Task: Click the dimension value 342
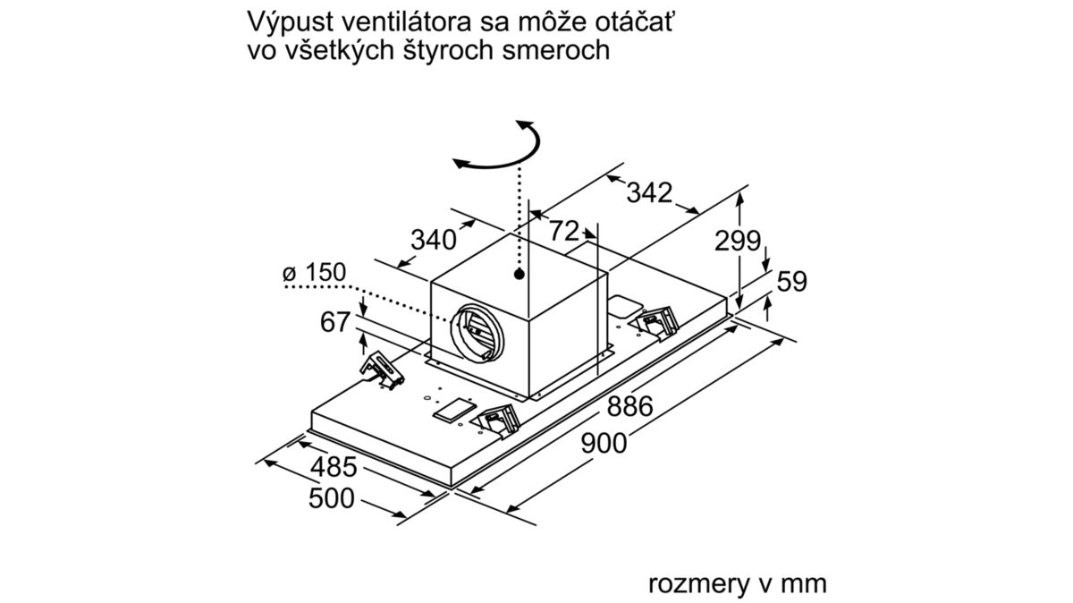pyautogui.click(x=649, y=193)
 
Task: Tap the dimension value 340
pyautogui.click(x=434, y=240)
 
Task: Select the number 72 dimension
pyautogui.click(x=564, y=231)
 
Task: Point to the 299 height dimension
pyautogui.click(x=737, y=241)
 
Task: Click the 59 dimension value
pyautogui.click(x=792, y=281)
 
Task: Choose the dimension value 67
pyautogui.click(x=334, y=322)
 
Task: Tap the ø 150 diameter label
pyautogui.click(x=314, y=272)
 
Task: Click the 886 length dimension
pyautogui.click(x=629, y=406)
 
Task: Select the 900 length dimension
pyautogui.click(x=604, y=444)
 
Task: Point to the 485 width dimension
pyautogui.click(x=334, y=467)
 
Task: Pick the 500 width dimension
pyautogui.click(x=332, y=498)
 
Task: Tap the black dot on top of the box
pyautogui.click(x=519, y=275)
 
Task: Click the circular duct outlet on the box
pyautogui.click(x=477, y=333)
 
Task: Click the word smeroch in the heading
pyautogui.click(x=556, y=51)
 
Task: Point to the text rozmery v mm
pyautogui.click(x=737, y=584)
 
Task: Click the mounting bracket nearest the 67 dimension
pyautogui.click(x=383, y=371)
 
